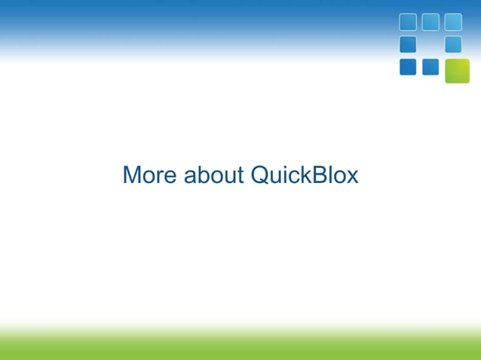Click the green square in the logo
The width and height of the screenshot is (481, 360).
pos(457,70)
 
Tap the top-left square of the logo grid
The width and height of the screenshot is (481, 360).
pos(408,22)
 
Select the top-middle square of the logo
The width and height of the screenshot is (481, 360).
pos(430,22)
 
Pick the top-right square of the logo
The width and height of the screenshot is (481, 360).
pos(453,22)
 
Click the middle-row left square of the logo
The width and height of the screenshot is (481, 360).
pos(408,44)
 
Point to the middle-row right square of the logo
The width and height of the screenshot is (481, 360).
pos(453,44)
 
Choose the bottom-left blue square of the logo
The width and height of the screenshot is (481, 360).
pos(408,67)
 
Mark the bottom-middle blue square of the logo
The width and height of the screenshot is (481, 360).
pos(430,67)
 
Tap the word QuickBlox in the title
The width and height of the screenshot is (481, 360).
pos(305,175)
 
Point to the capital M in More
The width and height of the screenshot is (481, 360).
pos(132,175)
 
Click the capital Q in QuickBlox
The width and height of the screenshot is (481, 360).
pos(259,175)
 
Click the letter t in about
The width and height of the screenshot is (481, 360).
pos(241,176)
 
